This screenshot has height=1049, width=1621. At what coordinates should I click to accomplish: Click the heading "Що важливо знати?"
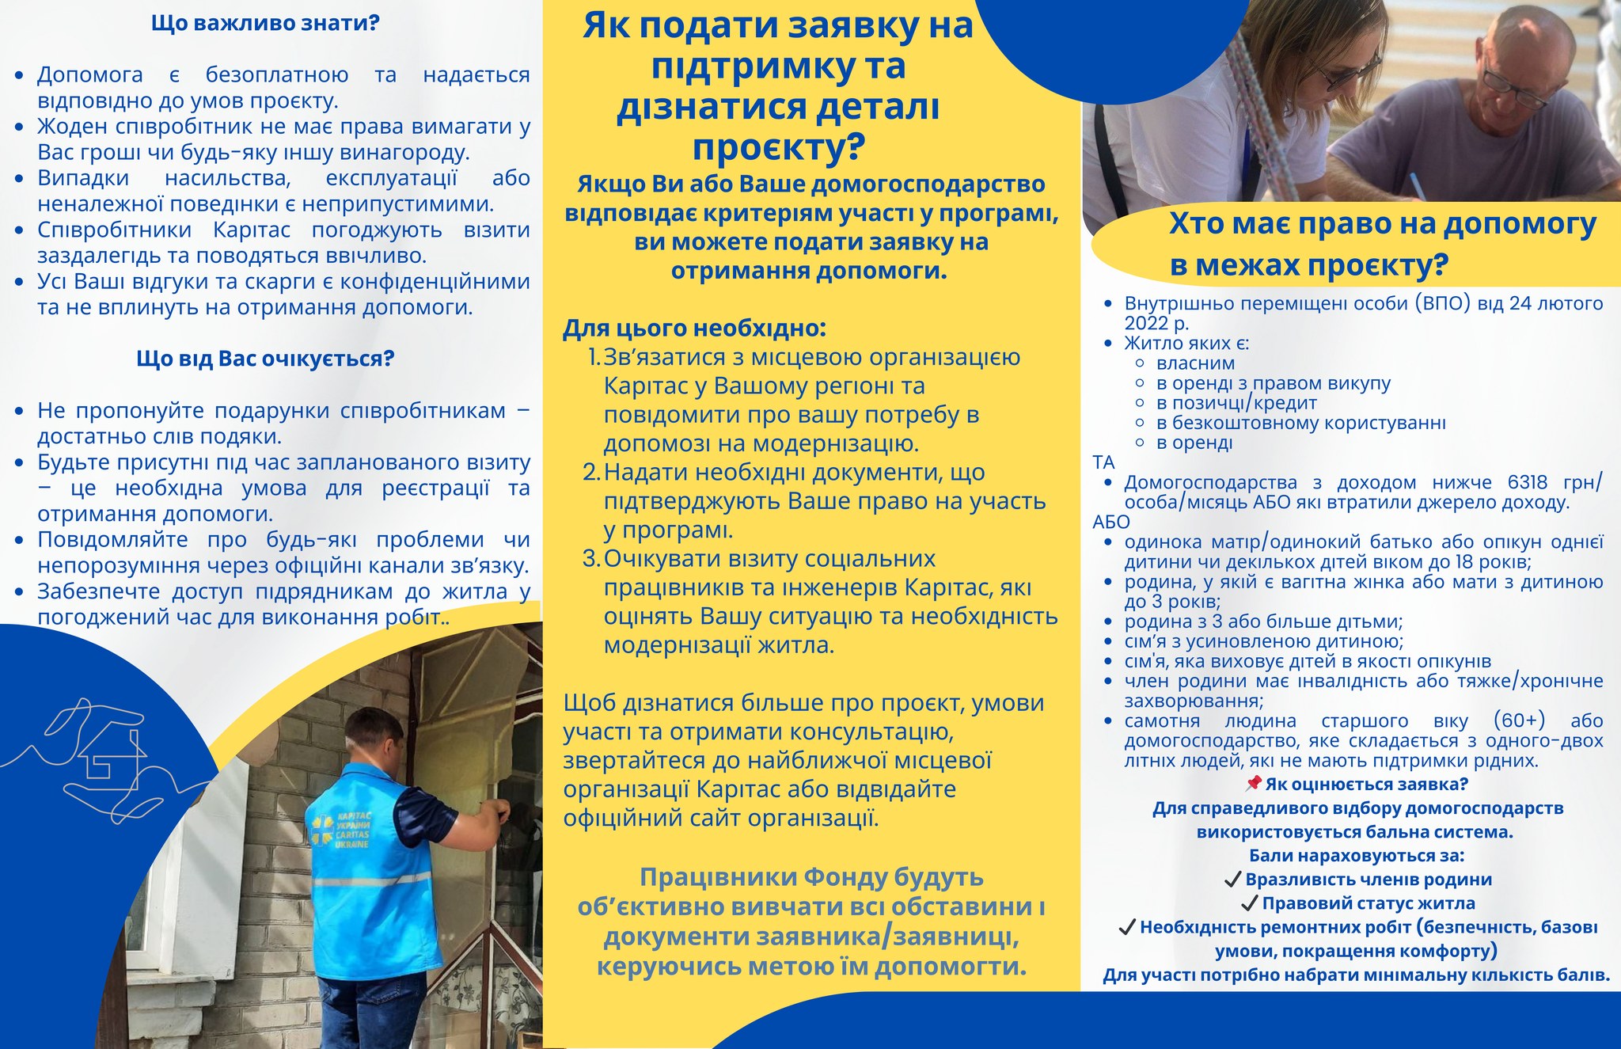tap(265, 23)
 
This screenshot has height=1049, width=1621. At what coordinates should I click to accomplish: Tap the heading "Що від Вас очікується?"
tap(265, 359)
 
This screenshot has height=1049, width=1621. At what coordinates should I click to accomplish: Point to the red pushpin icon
tap(1253, 784)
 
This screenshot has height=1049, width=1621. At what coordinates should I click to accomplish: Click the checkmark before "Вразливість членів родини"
tap(1232, 880)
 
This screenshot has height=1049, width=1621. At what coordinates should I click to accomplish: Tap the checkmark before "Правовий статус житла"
tap(1249, 903)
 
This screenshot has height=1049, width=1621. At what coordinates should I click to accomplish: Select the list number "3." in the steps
tap(592, 559)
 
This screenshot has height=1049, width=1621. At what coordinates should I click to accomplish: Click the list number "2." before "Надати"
tap(592, 473)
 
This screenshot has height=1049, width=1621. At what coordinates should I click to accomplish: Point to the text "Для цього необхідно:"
tap(694, 328)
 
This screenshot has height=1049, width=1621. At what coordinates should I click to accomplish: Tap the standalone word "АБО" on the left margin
tap(1110, 522)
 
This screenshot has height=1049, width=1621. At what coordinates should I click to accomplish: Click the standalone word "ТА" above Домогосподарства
tap(1103, 462)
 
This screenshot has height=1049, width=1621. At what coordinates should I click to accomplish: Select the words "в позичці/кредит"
tap(1225, 403)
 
